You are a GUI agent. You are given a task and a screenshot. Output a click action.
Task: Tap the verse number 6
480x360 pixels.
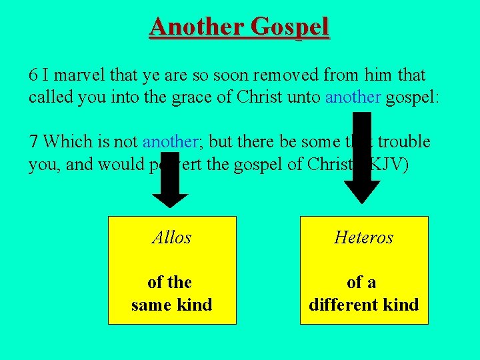(33, 75)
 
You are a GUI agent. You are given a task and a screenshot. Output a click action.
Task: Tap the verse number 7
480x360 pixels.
(33, 141)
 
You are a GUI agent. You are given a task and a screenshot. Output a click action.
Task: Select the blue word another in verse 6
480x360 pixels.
(353, 97)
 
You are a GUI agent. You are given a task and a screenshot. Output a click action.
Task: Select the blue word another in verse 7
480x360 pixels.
(171, 141)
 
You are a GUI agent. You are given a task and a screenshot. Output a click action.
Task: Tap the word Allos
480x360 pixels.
(172, 237)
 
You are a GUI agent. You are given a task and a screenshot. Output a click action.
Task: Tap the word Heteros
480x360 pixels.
(364, 237)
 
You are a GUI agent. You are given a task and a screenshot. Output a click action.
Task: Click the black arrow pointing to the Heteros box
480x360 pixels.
(361, 160)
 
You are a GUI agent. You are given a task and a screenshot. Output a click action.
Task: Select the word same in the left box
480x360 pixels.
(151, 305)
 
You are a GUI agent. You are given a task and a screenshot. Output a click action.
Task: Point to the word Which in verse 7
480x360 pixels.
(65, 141)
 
